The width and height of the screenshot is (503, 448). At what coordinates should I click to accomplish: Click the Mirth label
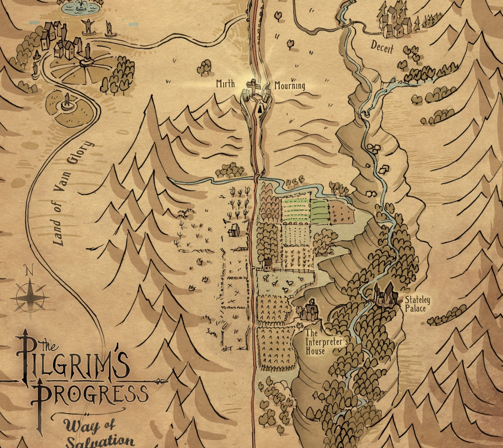225,85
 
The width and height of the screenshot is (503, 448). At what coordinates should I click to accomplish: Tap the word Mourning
290,85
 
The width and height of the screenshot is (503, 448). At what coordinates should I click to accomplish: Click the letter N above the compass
29,271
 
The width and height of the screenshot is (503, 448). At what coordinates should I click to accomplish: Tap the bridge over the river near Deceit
347,25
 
